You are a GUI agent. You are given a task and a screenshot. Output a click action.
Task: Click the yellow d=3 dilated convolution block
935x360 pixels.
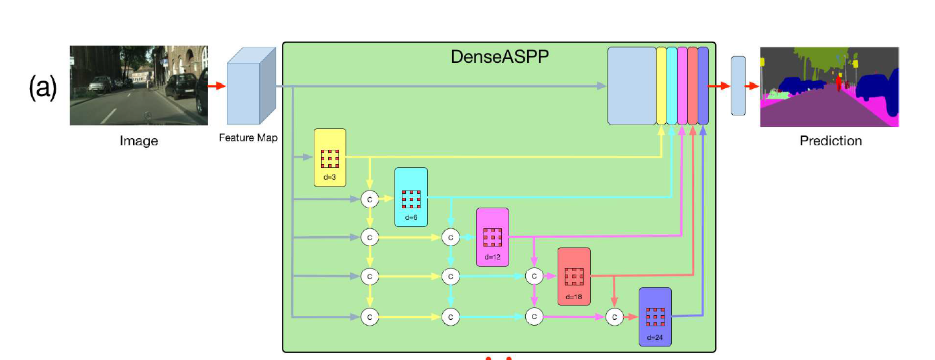(x=330, y=158)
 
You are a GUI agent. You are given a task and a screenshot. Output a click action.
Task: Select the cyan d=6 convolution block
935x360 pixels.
(x=411, y=197)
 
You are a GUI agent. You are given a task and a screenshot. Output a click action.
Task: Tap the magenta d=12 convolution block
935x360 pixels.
(x=492, y=237)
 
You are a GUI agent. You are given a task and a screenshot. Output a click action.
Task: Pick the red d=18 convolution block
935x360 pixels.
(x=574, y=276)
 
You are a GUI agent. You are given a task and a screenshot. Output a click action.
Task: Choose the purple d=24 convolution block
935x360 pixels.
(x=655, y=316)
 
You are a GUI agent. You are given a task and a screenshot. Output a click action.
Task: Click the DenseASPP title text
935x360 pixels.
(x=499, y=57)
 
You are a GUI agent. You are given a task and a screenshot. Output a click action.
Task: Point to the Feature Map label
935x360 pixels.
(x=248, y=138)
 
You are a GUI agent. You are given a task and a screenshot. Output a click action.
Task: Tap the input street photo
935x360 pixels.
(x=139, y=85)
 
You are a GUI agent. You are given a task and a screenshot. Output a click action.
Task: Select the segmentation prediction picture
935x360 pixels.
(x=829, y=87)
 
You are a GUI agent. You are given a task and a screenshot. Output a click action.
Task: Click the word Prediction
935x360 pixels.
(x=831, y=141)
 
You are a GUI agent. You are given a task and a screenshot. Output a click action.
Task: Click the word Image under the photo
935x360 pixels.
(x=139, y=141)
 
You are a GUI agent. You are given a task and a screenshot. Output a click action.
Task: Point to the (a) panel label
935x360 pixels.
(x=43, y=88)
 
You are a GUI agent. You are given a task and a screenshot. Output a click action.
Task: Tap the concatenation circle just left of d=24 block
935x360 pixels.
(x=614, y=317)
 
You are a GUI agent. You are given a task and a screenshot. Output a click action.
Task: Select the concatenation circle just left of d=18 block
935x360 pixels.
(x=534, y=276)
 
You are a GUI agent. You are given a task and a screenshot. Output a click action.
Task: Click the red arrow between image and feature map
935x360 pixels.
(x=217, y=86)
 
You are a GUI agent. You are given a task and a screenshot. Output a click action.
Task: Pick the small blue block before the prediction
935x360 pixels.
(x=738, y=86)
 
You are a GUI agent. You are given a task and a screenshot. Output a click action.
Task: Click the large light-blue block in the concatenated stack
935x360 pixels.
(x=632, y=86)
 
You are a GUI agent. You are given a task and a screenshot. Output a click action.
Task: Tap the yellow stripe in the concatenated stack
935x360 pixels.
(x=661, y=86)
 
